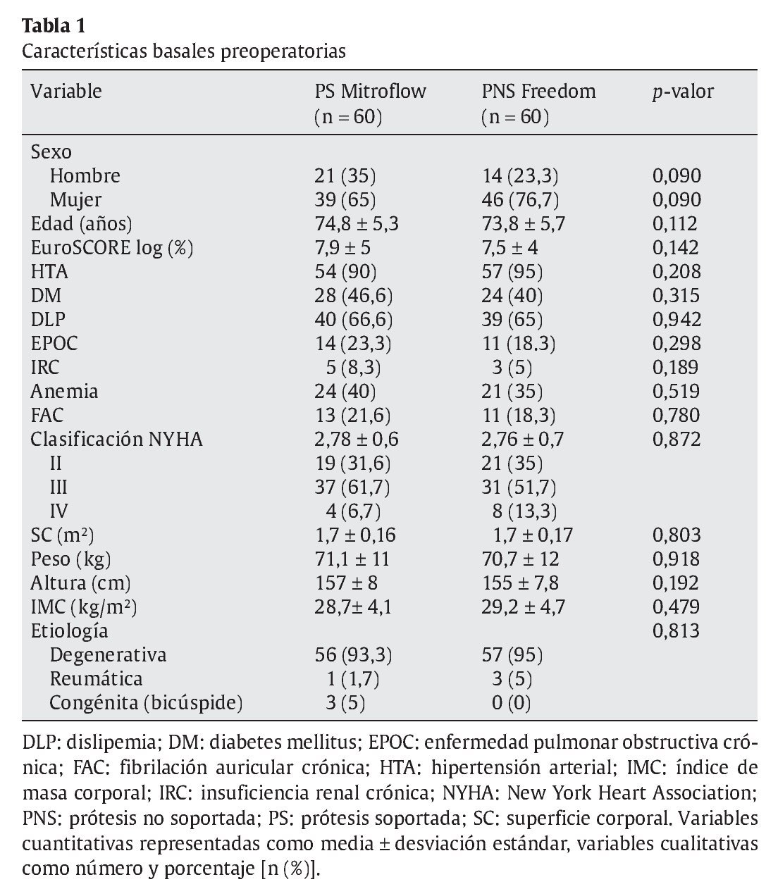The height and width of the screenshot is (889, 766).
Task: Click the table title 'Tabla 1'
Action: tap(54, 27)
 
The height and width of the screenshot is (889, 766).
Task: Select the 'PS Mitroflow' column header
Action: tap(370, 92)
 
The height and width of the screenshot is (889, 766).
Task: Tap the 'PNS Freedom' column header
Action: tap(538, 92)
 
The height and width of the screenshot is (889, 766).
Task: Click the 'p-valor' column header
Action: tap(682, 92)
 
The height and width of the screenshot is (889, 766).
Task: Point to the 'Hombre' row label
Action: tap(85, 175)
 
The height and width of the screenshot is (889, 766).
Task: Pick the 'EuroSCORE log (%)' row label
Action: tap(112, 248)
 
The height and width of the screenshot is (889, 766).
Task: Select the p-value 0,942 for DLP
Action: tap(677, 320)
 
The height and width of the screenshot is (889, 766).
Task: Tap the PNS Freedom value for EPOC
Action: tap(519, 344)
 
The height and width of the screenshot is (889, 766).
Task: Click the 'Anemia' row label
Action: tap(64, 392)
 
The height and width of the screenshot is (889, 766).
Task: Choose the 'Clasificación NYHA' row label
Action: tap(116, 440)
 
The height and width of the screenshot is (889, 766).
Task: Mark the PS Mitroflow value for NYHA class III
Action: tap(352, 487)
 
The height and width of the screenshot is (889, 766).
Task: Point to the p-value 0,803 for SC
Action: tap(677, 535)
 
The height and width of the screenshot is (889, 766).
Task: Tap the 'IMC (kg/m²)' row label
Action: tap(84, 607)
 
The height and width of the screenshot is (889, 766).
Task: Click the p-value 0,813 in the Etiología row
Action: tap(677, 630)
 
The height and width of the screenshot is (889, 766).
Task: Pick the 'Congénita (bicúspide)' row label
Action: tap(146, 703)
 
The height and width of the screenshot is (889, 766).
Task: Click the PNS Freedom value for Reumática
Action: tap(512, 679)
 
